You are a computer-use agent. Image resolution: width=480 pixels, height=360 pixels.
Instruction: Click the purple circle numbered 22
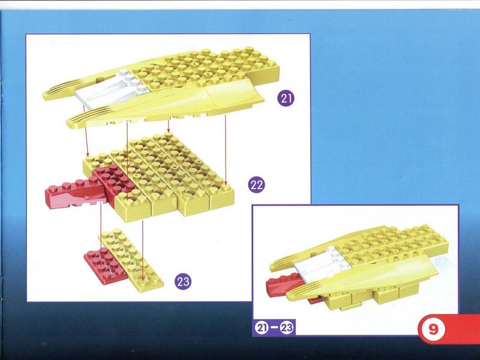[256, 185]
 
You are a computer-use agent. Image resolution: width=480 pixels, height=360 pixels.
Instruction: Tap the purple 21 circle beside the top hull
[286, 98]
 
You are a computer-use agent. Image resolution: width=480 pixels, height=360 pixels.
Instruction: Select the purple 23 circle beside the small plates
[183, 281]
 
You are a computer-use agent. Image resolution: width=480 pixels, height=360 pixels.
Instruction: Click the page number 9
[433, 329]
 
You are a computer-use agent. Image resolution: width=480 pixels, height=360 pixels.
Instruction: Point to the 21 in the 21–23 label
[261, 328]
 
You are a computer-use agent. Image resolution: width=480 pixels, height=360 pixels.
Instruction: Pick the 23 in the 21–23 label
[287, 328]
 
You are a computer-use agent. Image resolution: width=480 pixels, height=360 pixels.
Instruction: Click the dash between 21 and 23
[274, 328]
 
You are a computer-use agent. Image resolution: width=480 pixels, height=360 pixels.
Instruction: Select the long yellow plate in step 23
[131, 259]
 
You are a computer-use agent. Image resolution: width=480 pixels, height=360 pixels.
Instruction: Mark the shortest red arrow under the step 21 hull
[168, 127]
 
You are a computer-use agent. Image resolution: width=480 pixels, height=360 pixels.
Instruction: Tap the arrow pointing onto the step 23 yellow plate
[143, 250]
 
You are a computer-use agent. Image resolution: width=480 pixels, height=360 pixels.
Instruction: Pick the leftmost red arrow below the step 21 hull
[86, 130]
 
